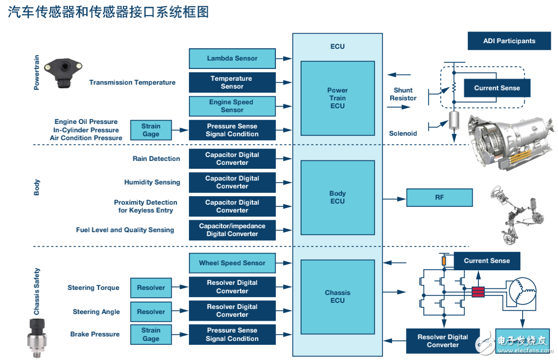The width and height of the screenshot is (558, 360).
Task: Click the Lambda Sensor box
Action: pyautogui.click(x=232, y=58)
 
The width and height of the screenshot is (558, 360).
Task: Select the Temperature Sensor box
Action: pyautogui.click(x=232, y=82)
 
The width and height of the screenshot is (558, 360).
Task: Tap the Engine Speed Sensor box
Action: pyautogui.click(x=232, y=106)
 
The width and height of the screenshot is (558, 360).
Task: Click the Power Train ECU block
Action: pyautogui.click(x=338, y=98)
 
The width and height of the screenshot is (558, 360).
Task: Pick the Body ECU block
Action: pyautogui.click(x=338, y=197)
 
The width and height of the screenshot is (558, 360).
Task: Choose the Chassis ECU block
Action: pyautogui.click(x=338, y=297)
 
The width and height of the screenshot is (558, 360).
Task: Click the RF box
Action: pyautogui.click(x=439, y=197)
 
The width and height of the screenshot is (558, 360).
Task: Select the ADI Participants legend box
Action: pyautogui.click(x=509, y=41)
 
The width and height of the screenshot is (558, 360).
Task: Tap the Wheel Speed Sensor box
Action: pyautogui.click(x=232, y=263)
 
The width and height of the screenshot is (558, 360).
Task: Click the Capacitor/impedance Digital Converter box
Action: pyautogui.click(x=232, y=230)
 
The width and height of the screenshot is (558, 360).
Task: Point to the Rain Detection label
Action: pyautogui.click(x=156, y=159)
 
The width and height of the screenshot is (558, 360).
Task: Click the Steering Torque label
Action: pyautogui.click(x=94, y=288)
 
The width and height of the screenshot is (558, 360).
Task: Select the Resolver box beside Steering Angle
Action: pyautogui.click(x=151, y=312)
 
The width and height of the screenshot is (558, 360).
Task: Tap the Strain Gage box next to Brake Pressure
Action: pyautogui.click(x=151, y=335)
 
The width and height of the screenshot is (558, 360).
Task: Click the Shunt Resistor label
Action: pyautogui.click(x=403, y=94)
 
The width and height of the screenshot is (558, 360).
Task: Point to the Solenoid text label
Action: pyautogui.click(x=403, y=133)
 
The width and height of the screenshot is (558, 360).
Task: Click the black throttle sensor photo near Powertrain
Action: pyautogui.click(x=63, y=73)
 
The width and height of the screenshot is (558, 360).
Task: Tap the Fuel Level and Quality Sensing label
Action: pyautogui.click(x=125, y=230)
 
